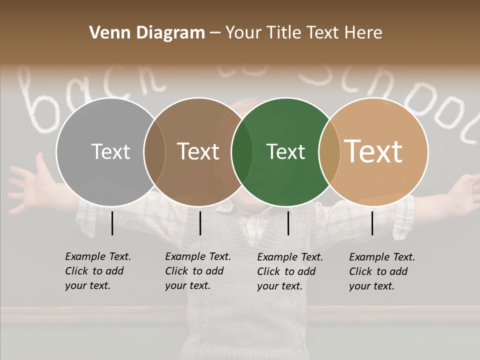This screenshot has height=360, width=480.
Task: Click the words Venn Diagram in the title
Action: click(147, 33)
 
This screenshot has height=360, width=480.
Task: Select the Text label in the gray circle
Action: click(110, 151)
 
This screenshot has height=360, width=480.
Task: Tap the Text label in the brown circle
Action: click(198, 151)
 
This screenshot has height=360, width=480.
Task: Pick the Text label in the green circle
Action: click(285, 151)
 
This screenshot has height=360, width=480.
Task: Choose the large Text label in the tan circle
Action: click(373, 151)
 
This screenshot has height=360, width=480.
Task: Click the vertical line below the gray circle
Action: click(112, 223)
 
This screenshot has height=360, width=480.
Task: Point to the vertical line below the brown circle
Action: click(200, 223)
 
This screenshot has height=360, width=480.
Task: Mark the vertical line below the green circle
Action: click(288, 223)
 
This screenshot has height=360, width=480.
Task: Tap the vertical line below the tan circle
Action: click(372, 223)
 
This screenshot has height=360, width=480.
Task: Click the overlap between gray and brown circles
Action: click(154, 151)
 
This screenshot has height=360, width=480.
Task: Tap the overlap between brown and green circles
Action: click(242, 151)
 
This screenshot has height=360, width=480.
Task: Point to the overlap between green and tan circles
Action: click(329, 151)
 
